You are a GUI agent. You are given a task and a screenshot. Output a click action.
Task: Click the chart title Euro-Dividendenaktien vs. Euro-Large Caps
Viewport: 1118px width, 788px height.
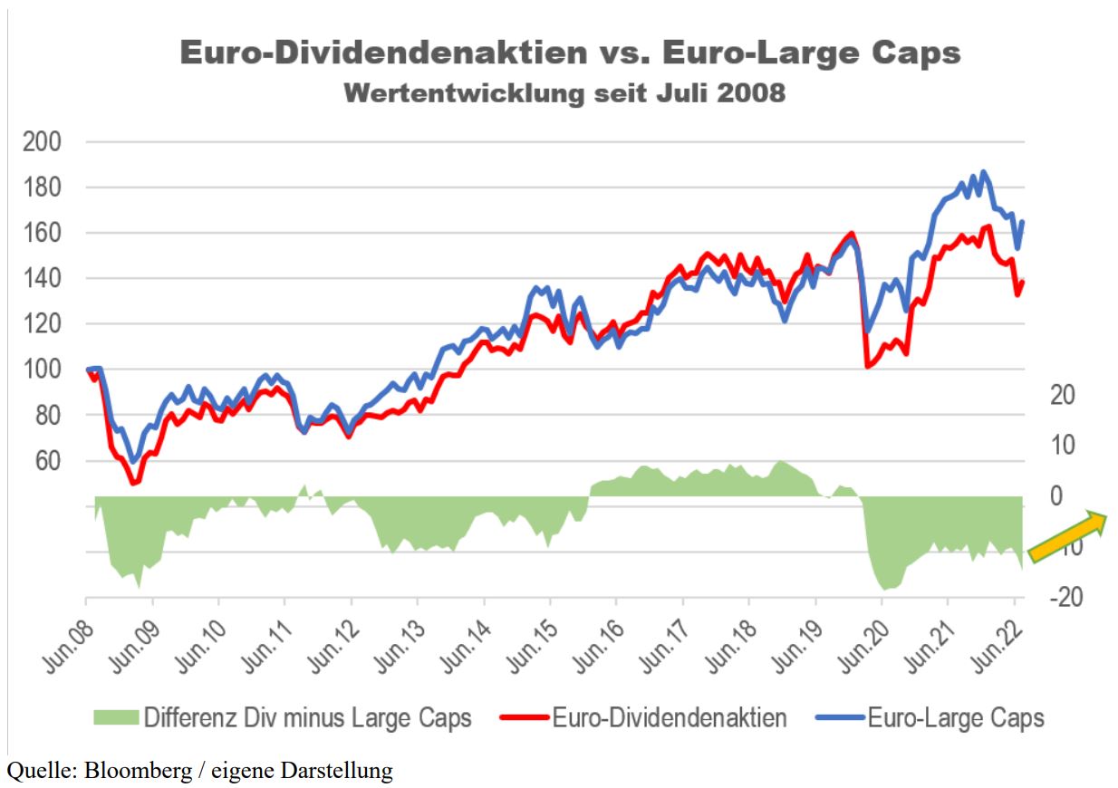coord(570,53)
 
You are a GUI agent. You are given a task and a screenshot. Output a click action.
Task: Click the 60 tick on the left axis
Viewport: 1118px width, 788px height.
coord(47,461)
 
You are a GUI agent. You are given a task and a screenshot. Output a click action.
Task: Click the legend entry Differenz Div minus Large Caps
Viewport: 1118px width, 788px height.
coord(307,719)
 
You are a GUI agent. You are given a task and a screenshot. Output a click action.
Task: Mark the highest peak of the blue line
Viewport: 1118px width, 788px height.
coord(983,171)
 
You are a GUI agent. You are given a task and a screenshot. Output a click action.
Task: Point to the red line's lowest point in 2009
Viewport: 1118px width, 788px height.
coord(134,483)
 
